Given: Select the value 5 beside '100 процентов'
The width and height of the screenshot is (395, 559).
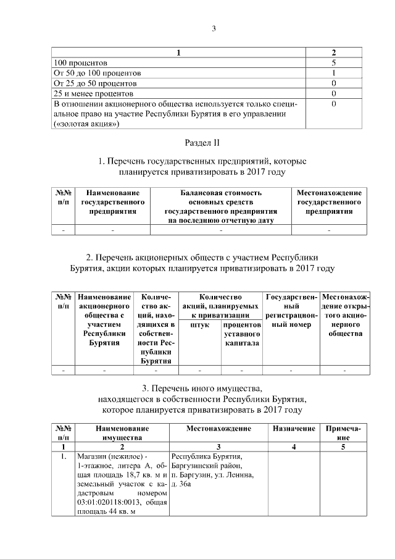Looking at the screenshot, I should [x=333, y=63].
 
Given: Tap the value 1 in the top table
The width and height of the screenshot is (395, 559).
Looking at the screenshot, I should [x=333, y=73].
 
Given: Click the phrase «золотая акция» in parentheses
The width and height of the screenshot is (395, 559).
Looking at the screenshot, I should [x=86, y=124].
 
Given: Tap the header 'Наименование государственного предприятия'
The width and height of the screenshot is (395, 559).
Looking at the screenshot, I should [x=112, y=202].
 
